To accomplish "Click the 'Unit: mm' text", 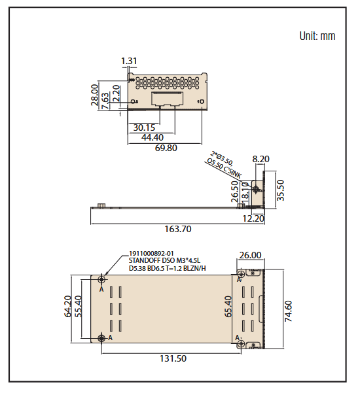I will tap(317, 36).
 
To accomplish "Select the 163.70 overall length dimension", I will tap(177, 230).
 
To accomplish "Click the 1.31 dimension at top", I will tap(129, 61).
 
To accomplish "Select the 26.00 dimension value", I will tap(250, 255).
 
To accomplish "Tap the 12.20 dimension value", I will tap(252, 218).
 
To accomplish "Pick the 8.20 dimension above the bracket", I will tap(261, 158).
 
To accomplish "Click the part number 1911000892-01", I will tap(151, 253).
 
